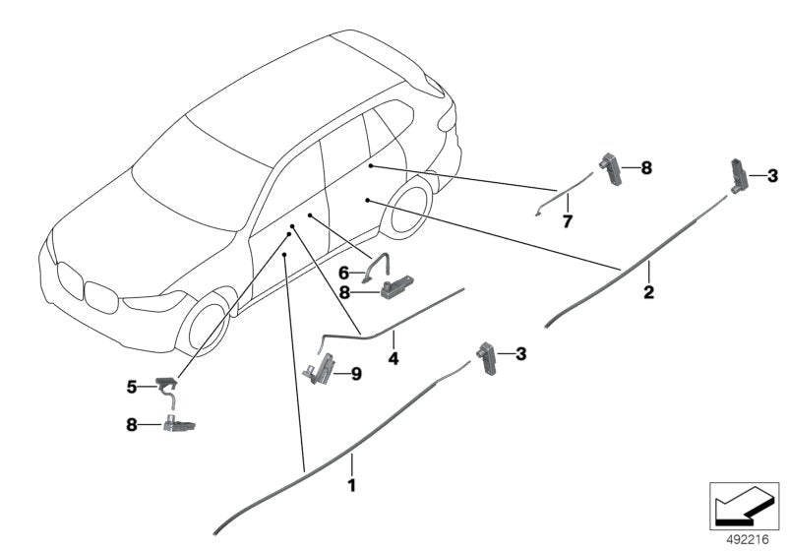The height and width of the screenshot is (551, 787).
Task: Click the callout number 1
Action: coord(351,486)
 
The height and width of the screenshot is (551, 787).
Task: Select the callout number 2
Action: coord(647,292)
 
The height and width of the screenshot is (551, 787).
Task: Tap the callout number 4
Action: coord(393,360)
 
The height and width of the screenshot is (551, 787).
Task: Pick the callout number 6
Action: coord(344,271)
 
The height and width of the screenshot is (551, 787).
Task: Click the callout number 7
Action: coord(567,221)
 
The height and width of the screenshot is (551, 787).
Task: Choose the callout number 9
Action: coord(356,373)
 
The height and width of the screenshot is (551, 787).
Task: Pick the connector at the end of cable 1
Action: coord(487,354)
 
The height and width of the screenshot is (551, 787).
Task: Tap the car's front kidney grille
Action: coord(84,290)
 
